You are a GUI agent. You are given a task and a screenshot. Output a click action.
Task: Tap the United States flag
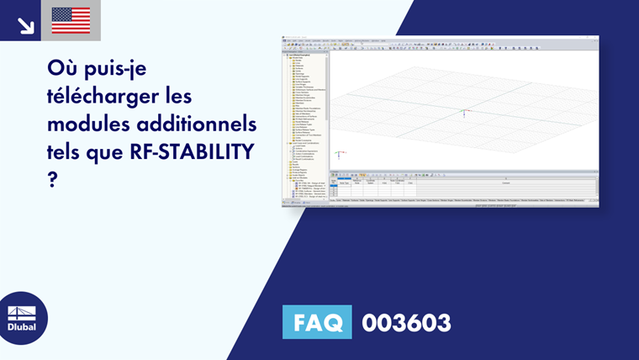[x=71, y=20]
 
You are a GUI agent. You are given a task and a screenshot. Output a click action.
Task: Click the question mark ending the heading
[x=52, y=180]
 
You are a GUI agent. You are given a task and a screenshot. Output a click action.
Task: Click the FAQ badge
[x=318, y=322]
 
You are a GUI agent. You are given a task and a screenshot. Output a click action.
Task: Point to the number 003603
[x=406, y=322]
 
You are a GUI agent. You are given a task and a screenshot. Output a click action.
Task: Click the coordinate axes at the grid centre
[x=463, y=113]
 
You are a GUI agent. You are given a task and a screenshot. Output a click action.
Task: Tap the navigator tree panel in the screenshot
[x=305, y=118]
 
